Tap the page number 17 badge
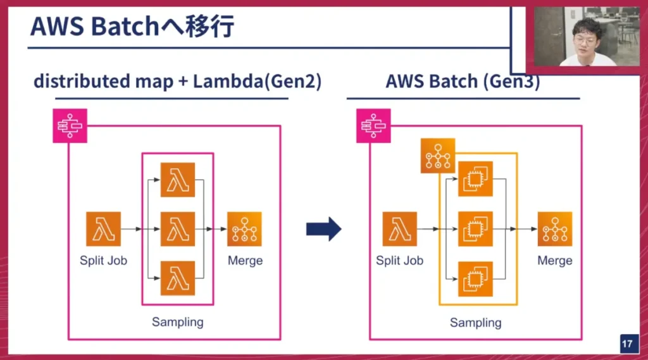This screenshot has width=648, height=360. coord(627,344)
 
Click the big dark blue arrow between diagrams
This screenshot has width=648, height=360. coord(323,229)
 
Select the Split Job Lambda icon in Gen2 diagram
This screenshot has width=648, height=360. coord(103,229)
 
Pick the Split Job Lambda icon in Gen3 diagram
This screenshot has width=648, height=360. coord(399,229)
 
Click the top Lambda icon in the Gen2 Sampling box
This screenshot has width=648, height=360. coord(178,180)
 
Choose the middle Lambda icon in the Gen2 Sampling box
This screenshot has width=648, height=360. coord(178,229)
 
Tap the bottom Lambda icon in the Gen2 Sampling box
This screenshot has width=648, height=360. coord(178,278)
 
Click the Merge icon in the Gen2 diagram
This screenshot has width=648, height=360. coord(244,229)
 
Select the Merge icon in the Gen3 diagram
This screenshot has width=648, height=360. coord(555,229)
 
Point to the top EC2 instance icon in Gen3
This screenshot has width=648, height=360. coord(475,180)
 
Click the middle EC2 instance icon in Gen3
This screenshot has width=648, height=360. coord(475,229)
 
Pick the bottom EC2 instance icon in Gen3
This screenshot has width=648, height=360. coord(475,278)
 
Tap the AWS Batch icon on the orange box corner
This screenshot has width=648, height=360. coord(438,156)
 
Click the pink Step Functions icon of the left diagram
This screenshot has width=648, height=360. coord(70,125)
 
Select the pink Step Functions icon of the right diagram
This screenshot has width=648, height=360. coord(373,125)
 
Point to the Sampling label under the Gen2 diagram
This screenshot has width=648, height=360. coord(177,321)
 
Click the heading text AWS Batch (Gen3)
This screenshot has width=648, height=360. coord(463,82)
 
